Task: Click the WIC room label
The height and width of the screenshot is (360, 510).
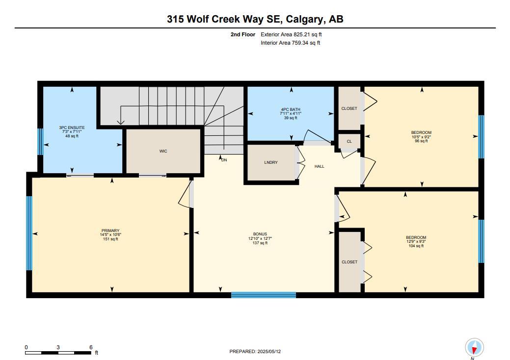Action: tap(163, 151)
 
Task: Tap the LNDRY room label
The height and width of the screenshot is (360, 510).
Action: tap(271, 162)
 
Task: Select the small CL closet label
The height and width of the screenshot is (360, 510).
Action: tap(349, 141)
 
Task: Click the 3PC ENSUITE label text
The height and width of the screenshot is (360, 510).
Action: tap(72, 128)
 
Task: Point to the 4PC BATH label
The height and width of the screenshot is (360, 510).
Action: tap(291, 110)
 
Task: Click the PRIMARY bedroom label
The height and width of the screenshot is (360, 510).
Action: tap(110, 231)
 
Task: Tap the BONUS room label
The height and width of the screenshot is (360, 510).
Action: tap(260, 234)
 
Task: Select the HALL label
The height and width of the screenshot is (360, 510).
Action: tap(320, 166)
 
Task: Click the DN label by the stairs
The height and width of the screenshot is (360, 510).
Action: tap(224, 160)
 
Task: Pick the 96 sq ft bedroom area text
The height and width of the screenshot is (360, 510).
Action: tap(421, 141)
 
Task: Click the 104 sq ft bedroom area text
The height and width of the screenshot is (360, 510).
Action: tap(416, 246)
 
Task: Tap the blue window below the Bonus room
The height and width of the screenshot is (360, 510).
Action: tap(264, 295)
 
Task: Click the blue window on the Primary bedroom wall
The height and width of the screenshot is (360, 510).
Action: tap(29, 233)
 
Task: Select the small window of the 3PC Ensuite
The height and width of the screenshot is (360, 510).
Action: tap(41, 141)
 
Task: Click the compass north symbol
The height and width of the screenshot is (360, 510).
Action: tap(474, 348)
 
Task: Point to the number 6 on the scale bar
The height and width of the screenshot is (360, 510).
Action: tap(91, 347)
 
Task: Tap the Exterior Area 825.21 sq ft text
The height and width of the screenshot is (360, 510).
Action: tap(291, 35)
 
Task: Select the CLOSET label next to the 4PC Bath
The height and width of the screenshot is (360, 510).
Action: tap(349, 108)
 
